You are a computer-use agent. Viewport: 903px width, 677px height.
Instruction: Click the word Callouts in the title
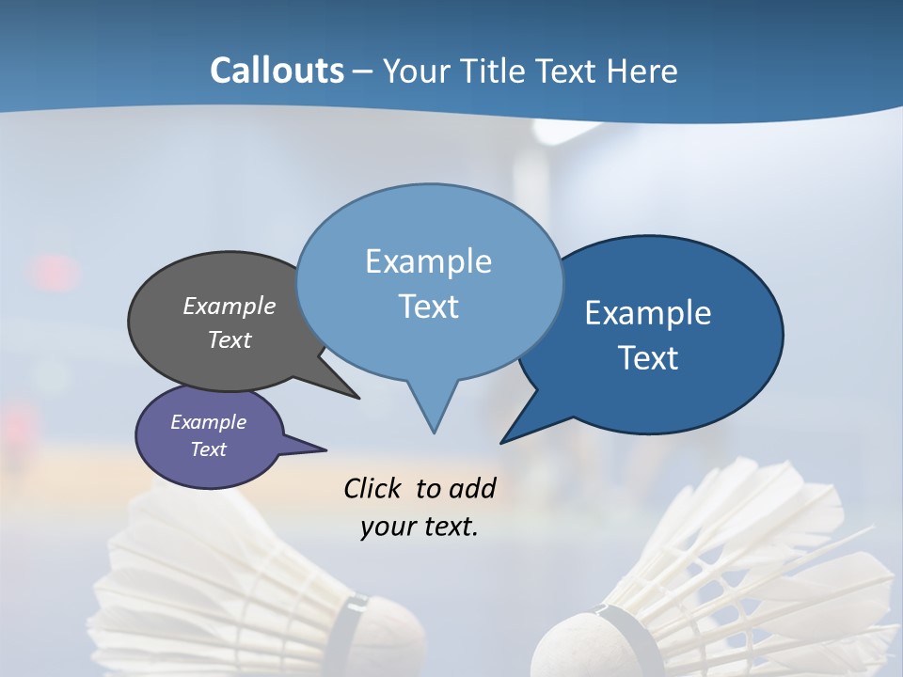coord(277,71)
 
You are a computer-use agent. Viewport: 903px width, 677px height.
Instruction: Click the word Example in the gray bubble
coord(230,307)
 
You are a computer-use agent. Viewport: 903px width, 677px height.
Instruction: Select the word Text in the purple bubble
coord(209,449)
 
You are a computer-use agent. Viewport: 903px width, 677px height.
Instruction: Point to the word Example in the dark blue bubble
coord(648,313)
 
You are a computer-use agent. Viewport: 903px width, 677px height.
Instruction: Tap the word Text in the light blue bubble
coord(429,307)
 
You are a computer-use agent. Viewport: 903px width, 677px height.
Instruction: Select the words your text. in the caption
coord(420,527)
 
